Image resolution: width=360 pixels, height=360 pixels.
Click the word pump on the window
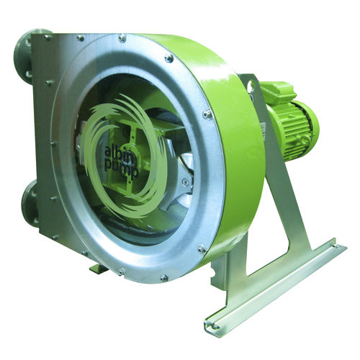[122, 167]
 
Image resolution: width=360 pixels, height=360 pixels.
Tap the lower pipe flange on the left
[31, 203]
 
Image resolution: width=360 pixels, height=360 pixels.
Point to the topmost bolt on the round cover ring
[122, 37]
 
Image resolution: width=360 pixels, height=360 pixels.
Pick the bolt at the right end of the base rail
[336, 246]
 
